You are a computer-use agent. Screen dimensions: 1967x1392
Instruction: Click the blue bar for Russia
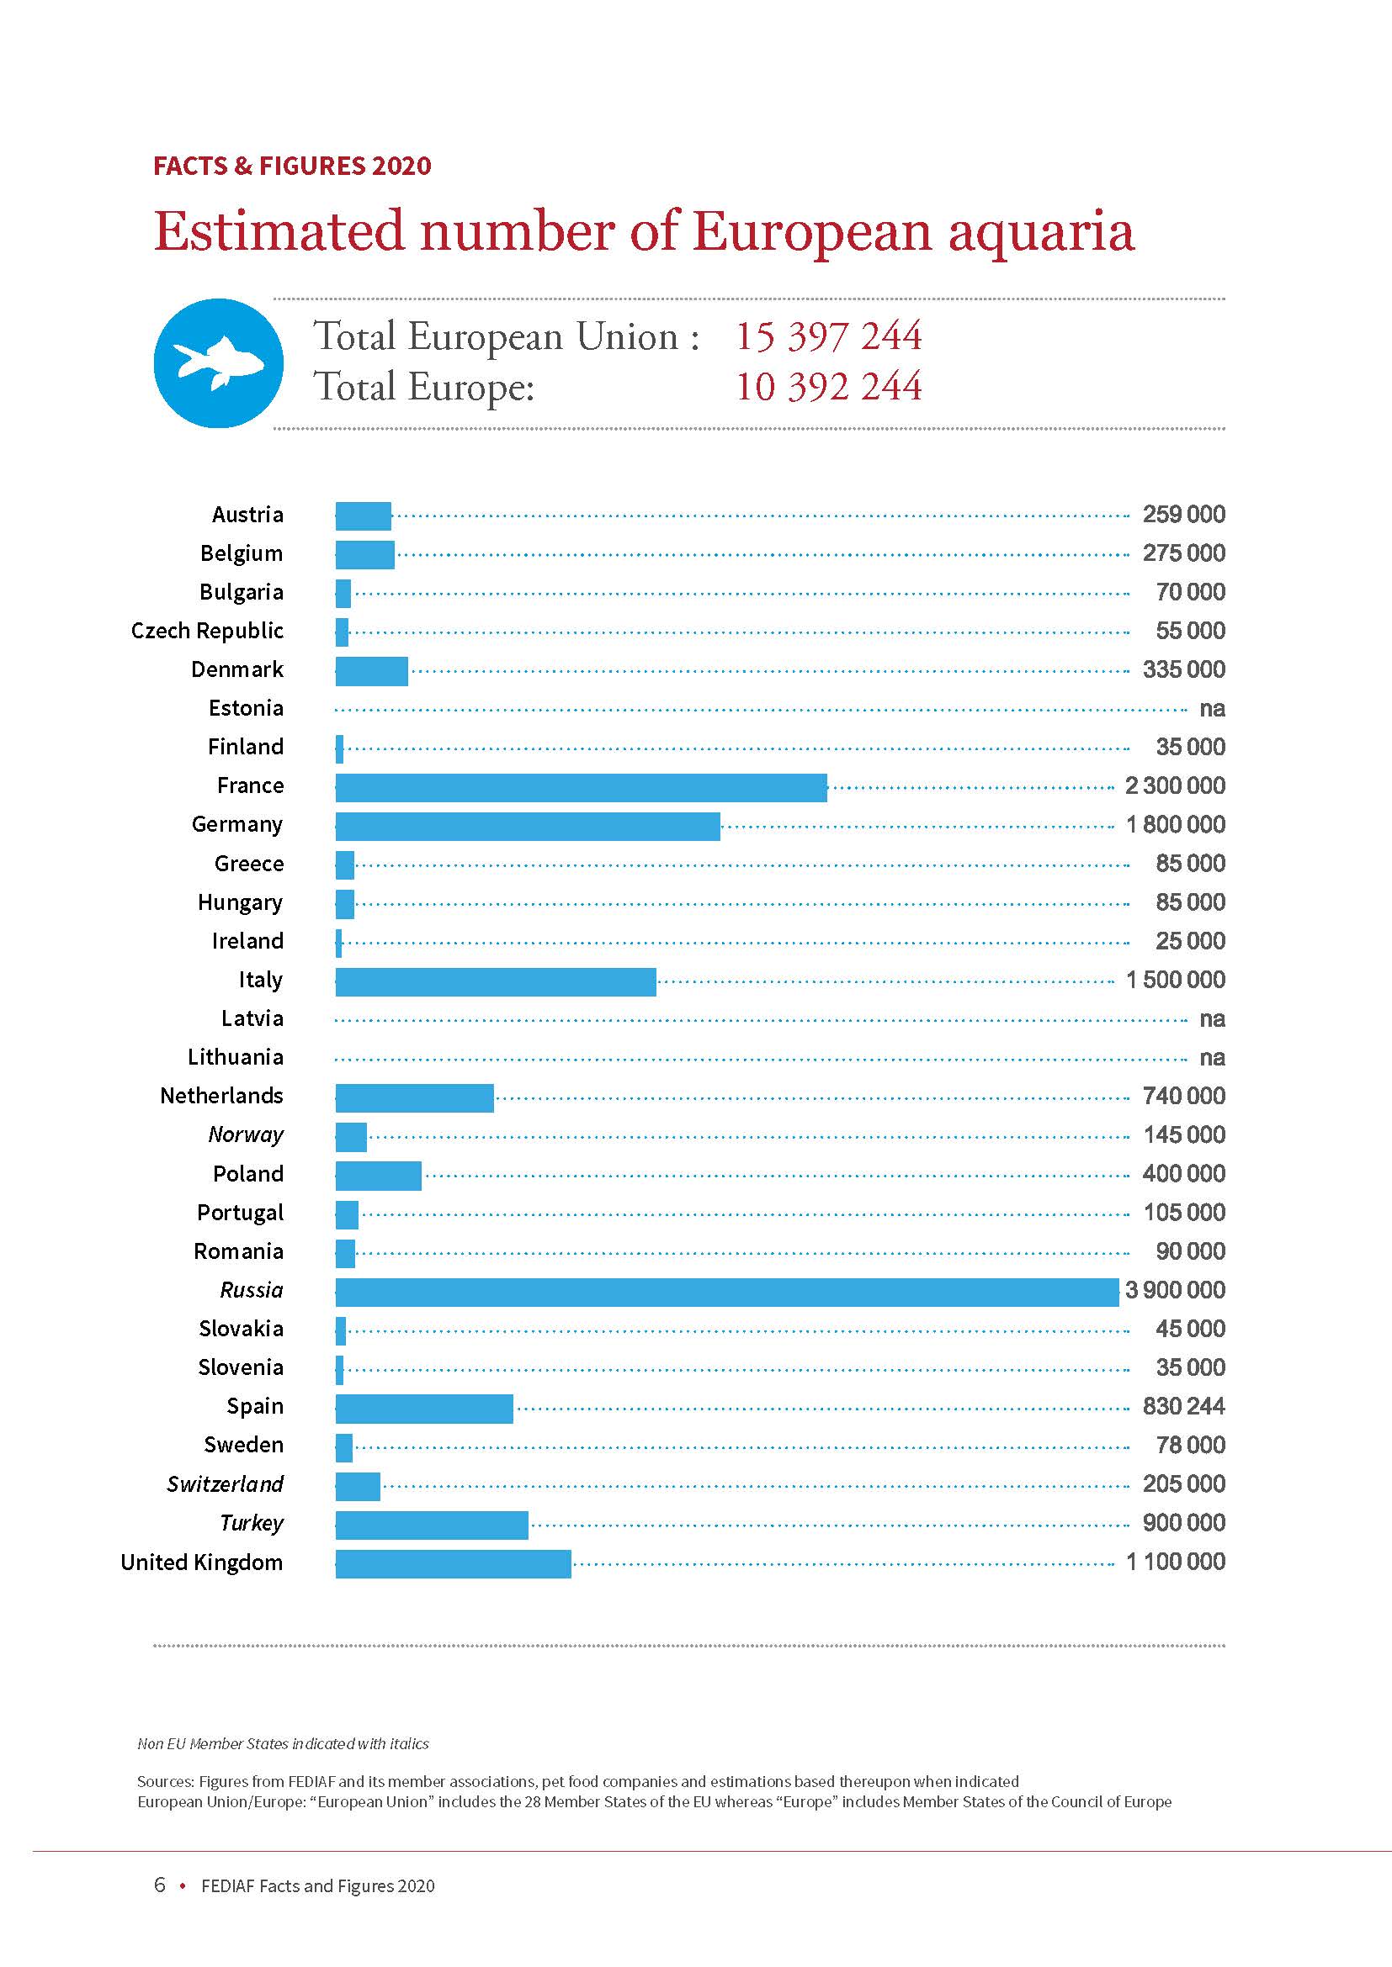[x=727, y=1292]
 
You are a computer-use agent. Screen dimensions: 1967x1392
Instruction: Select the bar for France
[x=582, y=787]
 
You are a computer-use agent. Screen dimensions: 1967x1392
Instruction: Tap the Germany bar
[x=527, y=826]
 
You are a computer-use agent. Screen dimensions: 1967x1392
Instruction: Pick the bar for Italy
[x=496, y=981]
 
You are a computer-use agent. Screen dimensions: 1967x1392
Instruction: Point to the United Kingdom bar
[x=453, y=1563]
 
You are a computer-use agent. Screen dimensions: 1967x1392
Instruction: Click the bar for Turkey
[x=431, y=1525]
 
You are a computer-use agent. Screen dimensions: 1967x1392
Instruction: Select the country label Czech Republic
[x=207, y=631]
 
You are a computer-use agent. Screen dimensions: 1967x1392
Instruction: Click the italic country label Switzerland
[x=225, y=1483]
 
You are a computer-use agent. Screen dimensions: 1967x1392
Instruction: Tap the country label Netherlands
[x=221, y=1096]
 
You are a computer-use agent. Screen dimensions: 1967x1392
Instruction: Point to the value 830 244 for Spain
[x=1184, y=1406]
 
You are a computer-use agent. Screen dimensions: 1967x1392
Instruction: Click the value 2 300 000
[x=1175, y=785]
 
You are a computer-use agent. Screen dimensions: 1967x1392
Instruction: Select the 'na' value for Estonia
[x=1212, y=708]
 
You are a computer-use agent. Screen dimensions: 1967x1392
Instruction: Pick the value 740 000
[x=1184, y=1096]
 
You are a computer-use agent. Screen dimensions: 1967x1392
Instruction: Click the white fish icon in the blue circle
[x=218, y=362]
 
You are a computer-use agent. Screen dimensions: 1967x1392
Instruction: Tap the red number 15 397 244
[x=829, y=336]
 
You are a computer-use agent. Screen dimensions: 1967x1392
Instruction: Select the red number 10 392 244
[x=829, y=386]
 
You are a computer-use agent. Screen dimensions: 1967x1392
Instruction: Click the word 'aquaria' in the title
[x=1040, y=231]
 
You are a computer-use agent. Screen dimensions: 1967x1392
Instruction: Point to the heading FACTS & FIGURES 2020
[x=292, y=166]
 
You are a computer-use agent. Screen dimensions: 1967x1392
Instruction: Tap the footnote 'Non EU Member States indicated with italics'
[x=283, y=1743]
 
